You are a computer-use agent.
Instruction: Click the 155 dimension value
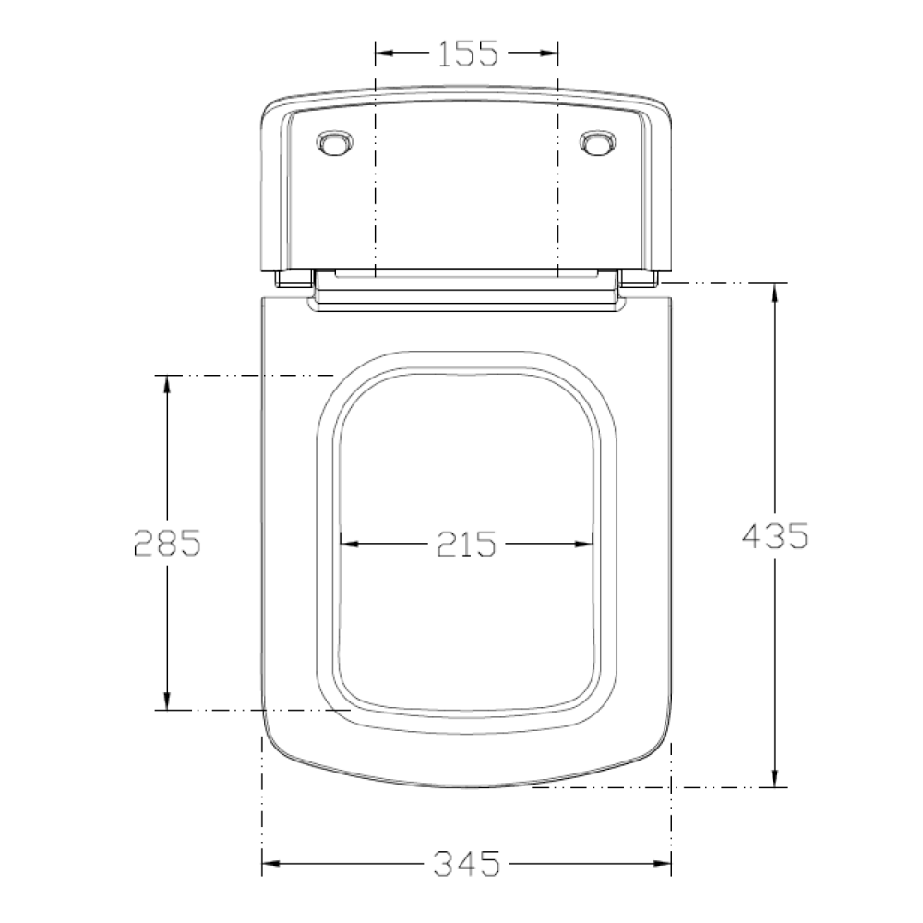pos(468,53)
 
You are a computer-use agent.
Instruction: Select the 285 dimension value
pos(168,542)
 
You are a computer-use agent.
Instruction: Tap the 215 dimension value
pos(466,544)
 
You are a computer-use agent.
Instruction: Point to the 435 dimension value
pos(775,535)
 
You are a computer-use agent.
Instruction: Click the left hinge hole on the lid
pos(335,143)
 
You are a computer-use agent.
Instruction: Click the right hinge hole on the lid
pos(598,143)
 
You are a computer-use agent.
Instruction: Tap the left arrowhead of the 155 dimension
pos(384,53)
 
